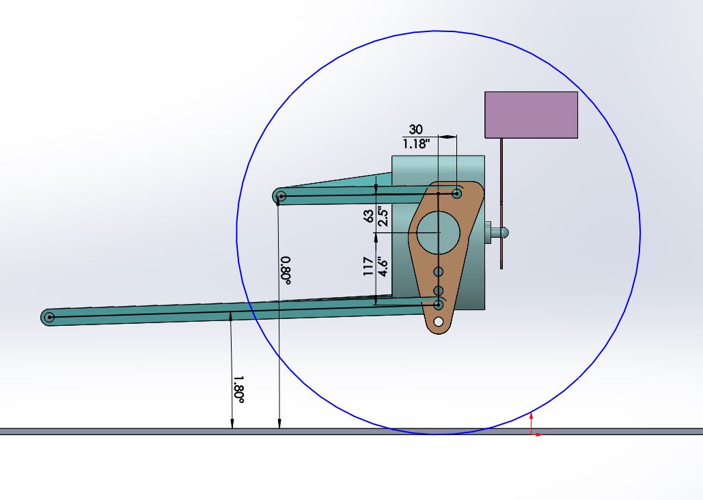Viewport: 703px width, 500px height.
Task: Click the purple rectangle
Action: [531, 115]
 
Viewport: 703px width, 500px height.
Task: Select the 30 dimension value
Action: [415, 129]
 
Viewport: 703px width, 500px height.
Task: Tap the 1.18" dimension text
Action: [416, 144]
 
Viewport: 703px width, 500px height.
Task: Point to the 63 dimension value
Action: [368, 216]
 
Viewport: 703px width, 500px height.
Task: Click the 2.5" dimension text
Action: [383, 216]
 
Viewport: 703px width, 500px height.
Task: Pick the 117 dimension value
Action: [368, 266]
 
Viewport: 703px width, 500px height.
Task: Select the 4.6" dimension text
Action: [383, 266]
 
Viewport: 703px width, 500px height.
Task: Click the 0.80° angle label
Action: [286, 270]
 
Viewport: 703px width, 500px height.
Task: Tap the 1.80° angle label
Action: [238, 389]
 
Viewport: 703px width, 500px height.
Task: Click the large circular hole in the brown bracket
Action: [439, 232]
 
